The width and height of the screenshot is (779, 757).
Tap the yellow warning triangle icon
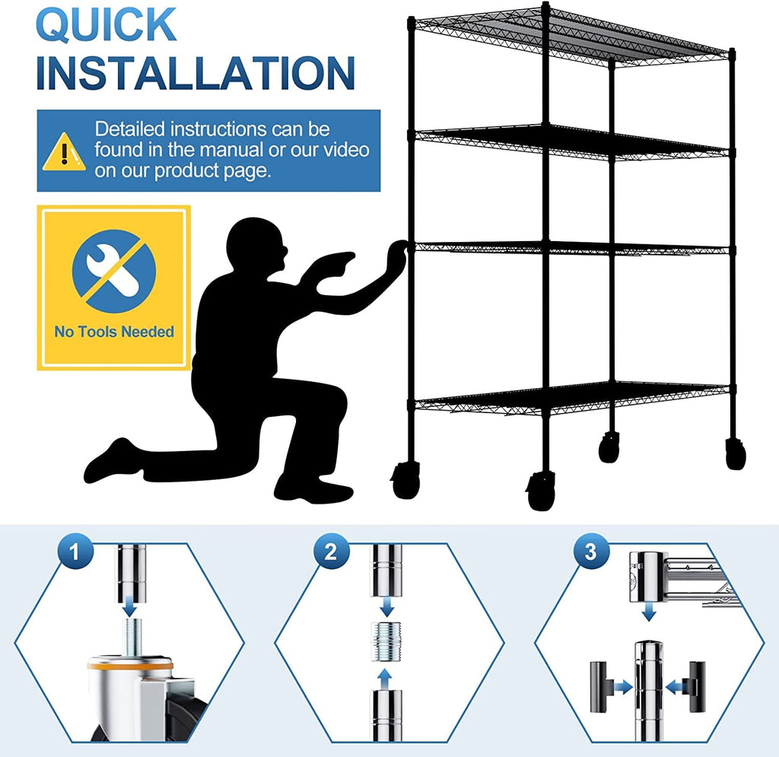click(x=64, y=151)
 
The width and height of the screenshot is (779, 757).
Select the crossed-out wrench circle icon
click(x=113, y=272)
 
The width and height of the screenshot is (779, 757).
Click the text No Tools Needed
click(x=113, y=332)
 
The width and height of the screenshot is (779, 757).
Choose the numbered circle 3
click(x=590, y=552)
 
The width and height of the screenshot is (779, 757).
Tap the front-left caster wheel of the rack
click(x=405, y=481)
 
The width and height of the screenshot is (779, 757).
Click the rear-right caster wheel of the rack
click(x=736, y=454)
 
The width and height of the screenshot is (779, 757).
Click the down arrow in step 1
click(x=129, y=606)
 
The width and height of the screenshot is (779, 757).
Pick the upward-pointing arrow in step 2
click(x=385, y=677)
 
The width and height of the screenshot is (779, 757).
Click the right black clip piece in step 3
click(x=695, y=686)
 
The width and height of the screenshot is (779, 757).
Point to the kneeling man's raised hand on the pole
click(x=397, y=257)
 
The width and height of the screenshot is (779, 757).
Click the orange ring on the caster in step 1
click(x=129, y=664)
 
